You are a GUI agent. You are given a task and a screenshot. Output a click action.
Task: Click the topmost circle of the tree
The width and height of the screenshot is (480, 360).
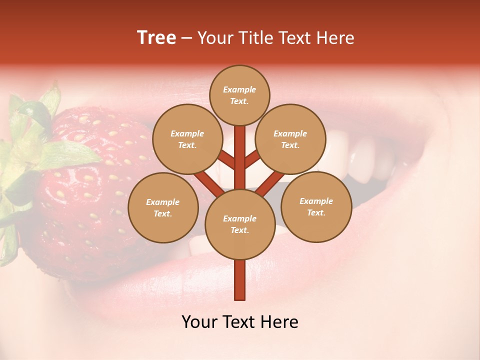[x=239, y=95]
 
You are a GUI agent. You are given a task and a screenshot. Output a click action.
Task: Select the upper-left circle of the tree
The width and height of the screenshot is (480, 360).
[x=187, y=139]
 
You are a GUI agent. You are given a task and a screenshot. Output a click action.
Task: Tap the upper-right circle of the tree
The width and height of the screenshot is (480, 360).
[x=290, y=139]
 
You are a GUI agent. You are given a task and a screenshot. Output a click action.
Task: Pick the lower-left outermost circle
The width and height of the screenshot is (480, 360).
[x=163, y=207]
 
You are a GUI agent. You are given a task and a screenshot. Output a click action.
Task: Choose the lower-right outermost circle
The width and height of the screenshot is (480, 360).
[x=316, y=206]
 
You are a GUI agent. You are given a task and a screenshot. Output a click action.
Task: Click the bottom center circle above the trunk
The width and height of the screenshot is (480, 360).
[x=239, y=224]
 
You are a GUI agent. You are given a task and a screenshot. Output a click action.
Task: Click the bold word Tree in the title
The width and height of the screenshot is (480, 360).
[x=156, y=37]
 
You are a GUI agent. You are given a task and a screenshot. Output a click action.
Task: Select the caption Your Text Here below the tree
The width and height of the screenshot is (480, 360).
[x=239, y=321]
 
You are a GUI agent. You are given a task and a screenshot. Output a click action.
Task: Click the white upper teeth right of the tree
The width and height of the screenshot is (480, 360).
[x=362, y=160]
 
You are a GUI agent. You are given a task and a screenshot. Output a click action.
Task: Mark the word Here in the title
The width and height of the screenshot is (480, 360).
[x=335, y=37]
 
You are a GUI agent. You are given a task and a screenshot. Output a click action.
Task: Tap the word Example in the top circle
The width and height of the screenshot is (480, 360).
[x=239, y=89]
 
